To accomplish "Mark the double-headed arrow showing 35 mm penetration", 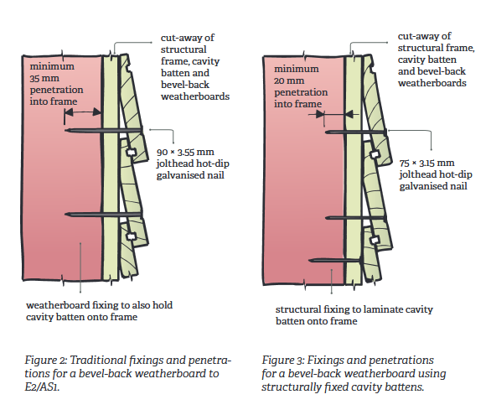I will [x=82, y=113].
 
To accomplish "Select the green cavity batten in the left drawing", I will [x=109, y=168].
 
